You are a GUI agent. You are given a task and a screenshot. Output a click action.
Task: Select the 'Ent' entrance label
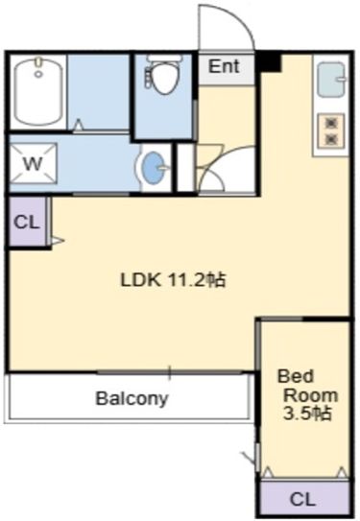click(224, 66)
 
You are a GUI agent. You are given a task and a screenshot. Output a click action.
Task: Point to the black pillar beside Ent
click(268, 63)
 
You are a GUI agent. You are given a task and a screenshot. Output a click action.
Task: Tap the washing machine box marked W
click(33, 163)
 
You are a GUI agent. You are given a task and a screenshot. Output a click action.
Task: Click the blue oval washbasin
click(153, 169)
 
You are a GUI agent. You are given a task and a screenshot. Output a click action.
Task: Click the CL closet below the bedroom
click(301, 499)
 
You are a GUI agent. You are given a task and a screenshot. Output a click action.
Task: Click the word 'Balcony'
click(132, 398)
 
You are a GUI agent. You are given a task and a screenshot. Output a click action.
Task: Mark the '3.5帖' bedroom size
click(306, 414)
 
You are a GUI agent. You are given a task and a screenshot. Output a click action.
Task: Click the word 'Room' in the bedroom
click(308, 395)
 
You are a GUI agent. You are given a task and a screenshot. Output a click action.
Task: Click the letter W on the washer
click(33, 163)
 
